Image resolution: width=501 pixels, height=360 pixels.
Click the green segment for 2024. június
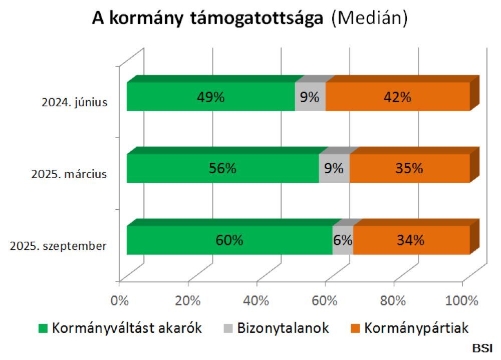coord(210,97)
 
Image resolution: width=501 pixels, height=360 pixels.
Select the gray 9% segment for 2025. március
coord(334,168)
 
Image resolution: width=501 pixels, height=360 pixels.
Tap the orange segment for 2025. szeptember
coord(411,240)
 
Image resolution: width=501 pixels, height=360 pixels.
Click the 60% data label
coord(229,240)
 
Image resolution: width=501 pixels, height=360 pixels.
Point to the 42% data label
coord(398,97)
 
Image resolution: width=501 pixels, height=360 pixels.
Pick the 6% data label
coord(343,240)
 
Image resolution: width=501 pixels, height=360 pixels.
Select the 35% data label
coord(409,169)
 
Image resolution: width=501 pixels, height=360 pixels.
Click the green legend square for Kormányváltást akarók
coord(44,329)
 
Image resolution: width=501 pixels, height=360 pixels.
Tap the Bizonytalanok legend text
coord(283,328)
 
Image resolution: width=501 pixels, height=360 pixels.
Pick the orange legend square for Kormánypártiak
coord(355,329)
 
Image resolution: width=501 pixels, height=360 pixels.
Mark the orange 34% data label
coord(411,240)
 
